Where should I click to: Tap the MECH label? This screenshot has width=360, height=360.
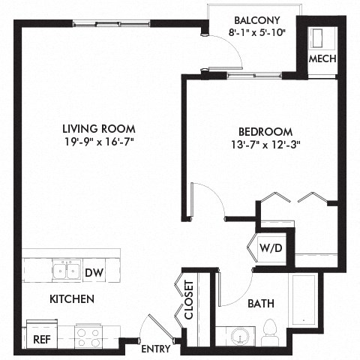click(x=322, y=59)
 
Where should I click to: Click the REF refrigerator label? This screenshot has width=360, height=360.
click(x=42, y=339)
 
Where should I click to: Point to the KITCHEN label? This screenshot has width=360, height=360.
click(x=71, y=299)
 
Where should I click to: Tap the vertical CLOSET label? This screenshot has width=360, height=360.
click(x=189, y=300)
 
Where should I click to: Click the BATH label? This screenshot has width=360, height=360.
click(x=260, y=304)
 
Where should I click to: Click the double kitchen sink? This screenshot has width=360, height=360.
click(x=66, y=270)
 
